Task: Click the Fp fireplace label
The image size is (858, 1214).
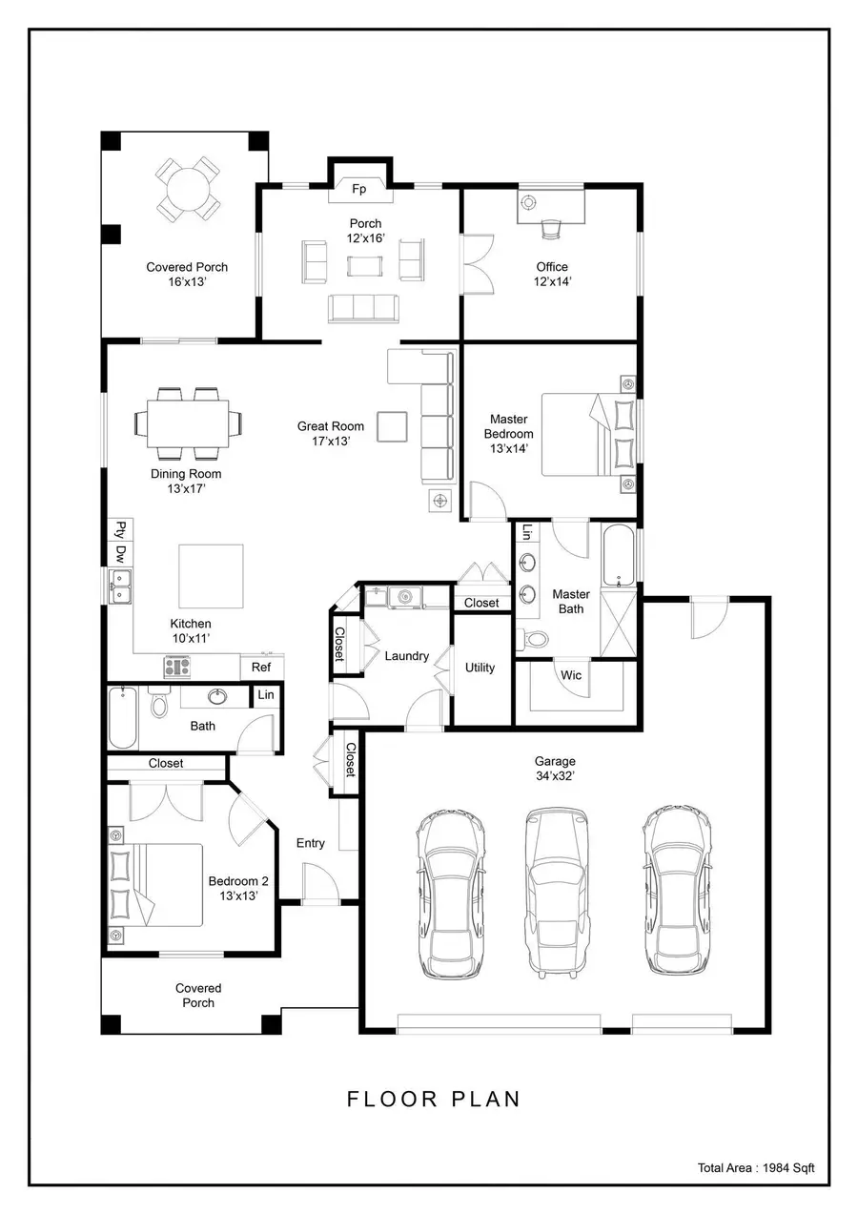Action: (359, 189)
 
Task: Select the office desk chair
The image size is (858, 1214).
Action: (551, 228)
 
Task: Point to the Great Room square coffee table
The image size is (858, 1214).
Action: (392, 426)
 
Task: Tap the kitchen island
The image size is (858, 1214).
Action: (211, 577)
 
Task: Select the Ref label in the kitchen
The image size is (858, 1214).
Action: (261, 668)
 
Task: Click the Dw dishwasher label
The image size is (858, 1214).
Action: (121, 552)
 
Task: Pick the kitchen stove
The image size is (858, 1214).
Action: (178, 666)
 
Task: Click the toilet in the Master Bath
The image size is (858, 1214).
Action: (537, 640)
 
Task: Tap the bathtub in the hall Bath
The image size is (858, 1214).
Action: (121, 718)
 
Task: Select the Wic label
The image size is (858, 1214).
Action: (571, 675)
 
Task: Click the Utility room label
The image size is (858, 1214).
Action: (480, 668)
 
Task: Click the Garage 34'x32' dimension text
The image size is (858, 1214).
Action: (555, 776)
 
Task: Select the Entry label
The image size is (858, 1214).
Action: (310, 843)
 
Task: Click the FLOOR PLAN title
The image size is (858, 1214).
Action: (434, 1099)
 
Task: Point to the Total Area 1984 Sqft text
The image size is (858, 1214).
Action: (756, 1167)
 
